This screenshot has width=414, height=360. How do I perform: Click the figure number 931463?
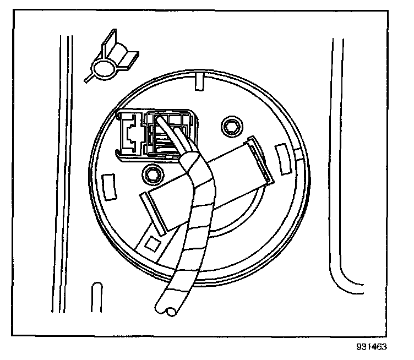tap(372, 347)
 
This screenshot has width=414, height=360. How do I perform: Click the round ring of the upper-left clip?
tap(102, 69)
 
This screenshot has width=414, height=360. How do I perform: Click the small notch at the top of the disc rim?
tap(199, 81)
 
